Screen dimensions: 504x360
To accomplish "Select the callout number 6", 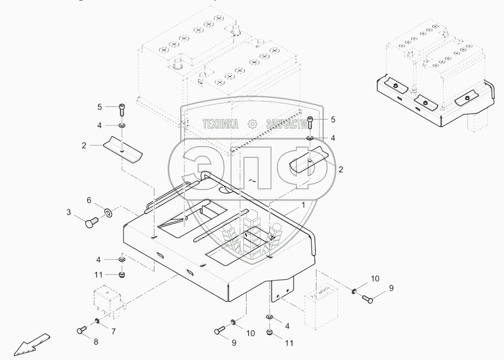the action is tap(89, 200).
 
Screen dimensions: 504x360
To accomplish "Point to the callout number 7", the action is tap(113, 332).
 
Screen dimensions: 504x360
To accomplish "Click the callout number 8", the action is tap(96, 342).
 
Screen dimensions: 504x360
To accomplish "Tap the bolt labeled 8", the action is tap(81, 331).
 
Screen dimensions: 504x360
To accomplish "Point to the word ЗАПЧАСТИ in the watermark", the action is tap(287, 124).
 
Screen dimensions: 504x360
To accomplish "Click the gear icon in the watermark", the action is tap(252, 124).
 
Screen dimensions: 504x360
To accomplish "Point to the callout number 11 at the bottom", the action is tap(290, 343).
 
